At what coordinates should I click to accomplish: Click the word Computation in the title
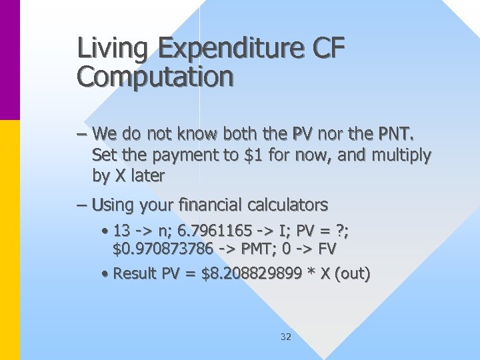click(x=155, y=77)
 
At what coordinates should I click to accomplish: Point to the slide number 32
click(x=286, y=337)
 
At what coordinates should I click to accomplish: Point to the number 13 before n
click(x=121, y=231)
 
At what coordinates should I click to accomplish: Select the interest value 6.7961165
click(x=211, y=231)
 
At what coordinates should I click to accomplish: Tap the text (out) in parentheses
click(x=355, y=273)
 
